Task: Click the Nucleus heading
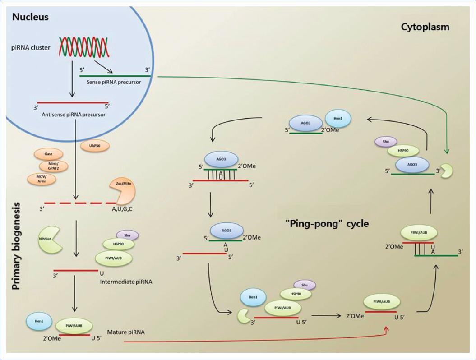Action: coord(31,18)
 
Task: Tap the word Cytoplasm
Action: coord(425,27)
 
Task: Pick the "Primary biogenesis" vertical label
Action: coord(17,246)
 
